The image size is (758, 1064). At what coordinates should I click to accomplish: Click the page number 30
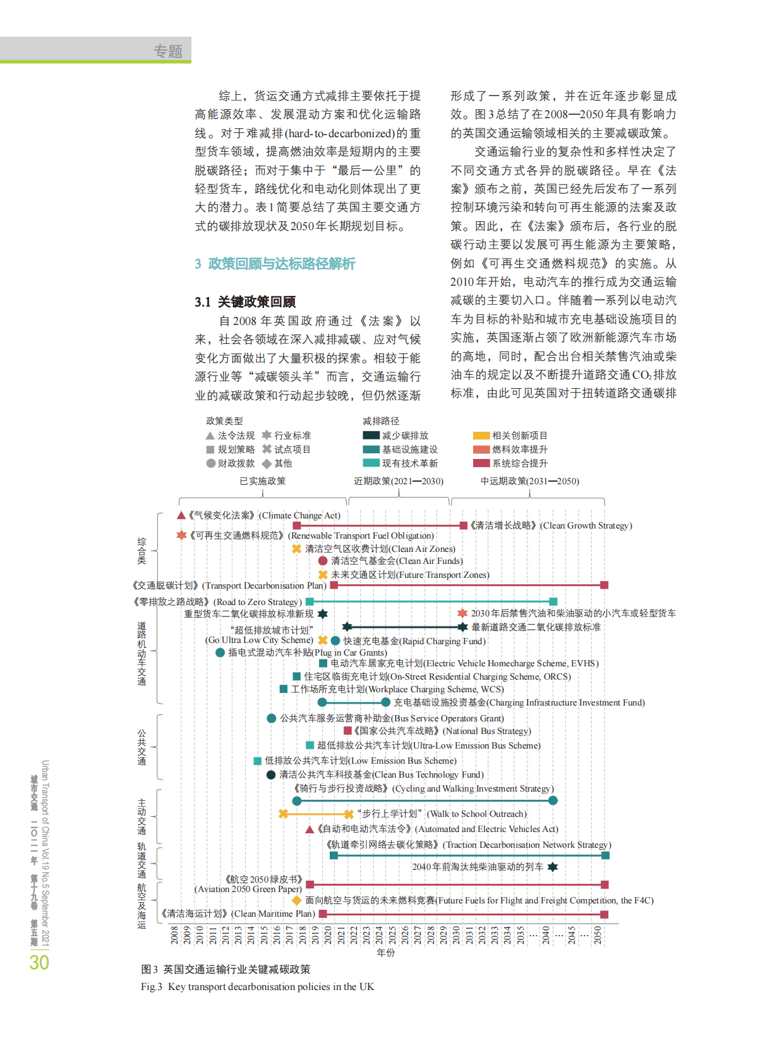point(39,962)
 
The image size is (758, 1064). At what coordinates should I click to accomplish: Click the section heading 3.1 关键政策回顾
point(245,302)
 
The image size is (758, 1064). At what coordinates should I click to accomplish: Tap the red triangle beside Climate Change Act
point(181,515)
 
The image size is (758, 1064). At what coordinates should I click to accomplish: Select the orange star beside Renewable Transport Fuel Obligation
point(181,535)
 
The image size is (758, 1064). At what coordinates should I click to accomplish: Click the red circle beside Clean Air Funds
point(323,561)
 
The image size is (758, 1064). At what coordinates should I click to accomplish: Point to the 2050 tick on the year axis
point(598,935)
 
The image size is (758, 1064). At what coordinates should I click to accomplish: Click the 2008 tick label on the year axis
point(175,935)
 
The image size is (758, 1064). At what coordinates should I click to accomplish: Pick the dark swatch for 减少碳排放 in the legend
point(371,435)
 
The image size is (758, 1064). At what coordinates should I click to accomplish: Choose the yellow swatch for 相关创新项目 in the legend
point(481,435)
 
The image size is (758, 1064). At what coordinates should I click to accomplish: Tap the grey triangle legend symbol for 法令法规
point(210,436)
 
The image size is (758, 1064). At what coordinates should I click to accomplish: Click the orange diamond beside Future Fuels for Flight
point(296,900)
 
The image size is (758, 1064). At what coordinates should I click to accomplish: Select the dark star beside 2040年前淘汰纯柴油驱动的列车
point(553,867)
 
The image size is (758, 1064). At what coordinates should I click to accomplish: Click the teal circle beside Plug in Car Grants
point(220,652)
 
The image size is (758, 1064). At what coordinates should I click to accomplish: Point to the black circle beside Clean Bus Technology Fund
point(271,774)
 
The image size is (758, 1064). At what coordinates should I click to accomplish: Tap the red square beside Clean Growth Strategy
point(464,525)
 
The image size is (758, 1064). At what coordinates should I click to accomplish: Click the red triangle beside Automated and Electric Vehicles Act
point(310,829)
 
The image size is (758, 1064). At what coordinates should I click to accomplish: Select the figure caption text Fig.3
point(152,986)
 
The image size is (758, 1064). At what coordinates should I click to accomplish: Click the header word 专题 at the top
point(168,51)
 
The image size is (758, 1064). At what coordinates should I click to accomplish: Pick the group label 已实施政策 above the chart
point(263,481)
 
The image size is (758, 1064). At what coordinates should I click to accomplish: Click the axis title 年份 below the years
point(385,952)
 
